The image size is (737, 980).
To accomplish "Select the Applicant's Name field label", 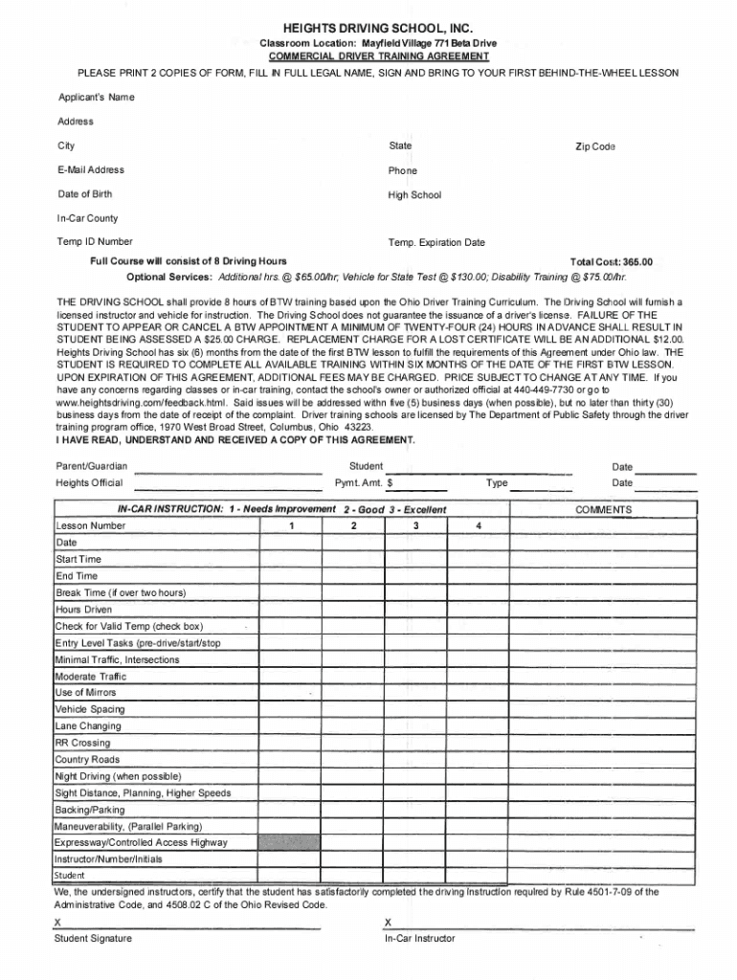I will click(x=96, y=98).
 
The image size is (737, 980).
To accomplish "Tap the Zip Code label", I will click(x=594, y=146).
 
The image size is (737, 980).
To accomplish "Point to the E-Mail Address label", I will click(x=91, y=170).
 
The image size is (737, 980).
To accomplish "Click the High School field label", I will click(x=414, y=195).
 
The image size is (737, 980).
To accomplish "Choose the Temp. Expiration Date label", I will click(x=436, y=243).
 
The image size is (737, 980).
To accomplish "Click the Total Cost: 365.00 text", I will click(x=611, y=261).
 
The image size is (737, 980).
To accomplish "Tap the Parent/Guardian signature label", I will click(x=92, y=467).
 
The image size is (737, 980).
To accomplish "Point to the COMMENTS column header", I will click(x=603, y=510).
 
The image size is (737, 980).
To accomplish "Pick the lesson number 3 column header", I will click(x=415, y=526).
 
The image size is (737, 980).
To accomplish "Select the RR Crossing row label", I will click(x=83, y=743).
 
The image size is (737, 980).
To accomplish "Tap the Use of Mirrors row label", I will click(x=86, y=692).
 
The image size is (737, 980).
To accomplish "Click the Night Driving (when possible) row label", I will click(x=119, y=776).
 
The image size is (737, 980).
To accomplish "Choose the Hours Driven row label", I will click(x=84, y=609).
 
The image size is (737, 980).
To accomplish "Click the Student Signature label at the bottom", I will click(x=94, y=939).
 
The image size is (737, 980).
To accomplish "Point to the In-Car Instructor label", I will click(x=419, y=939).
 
